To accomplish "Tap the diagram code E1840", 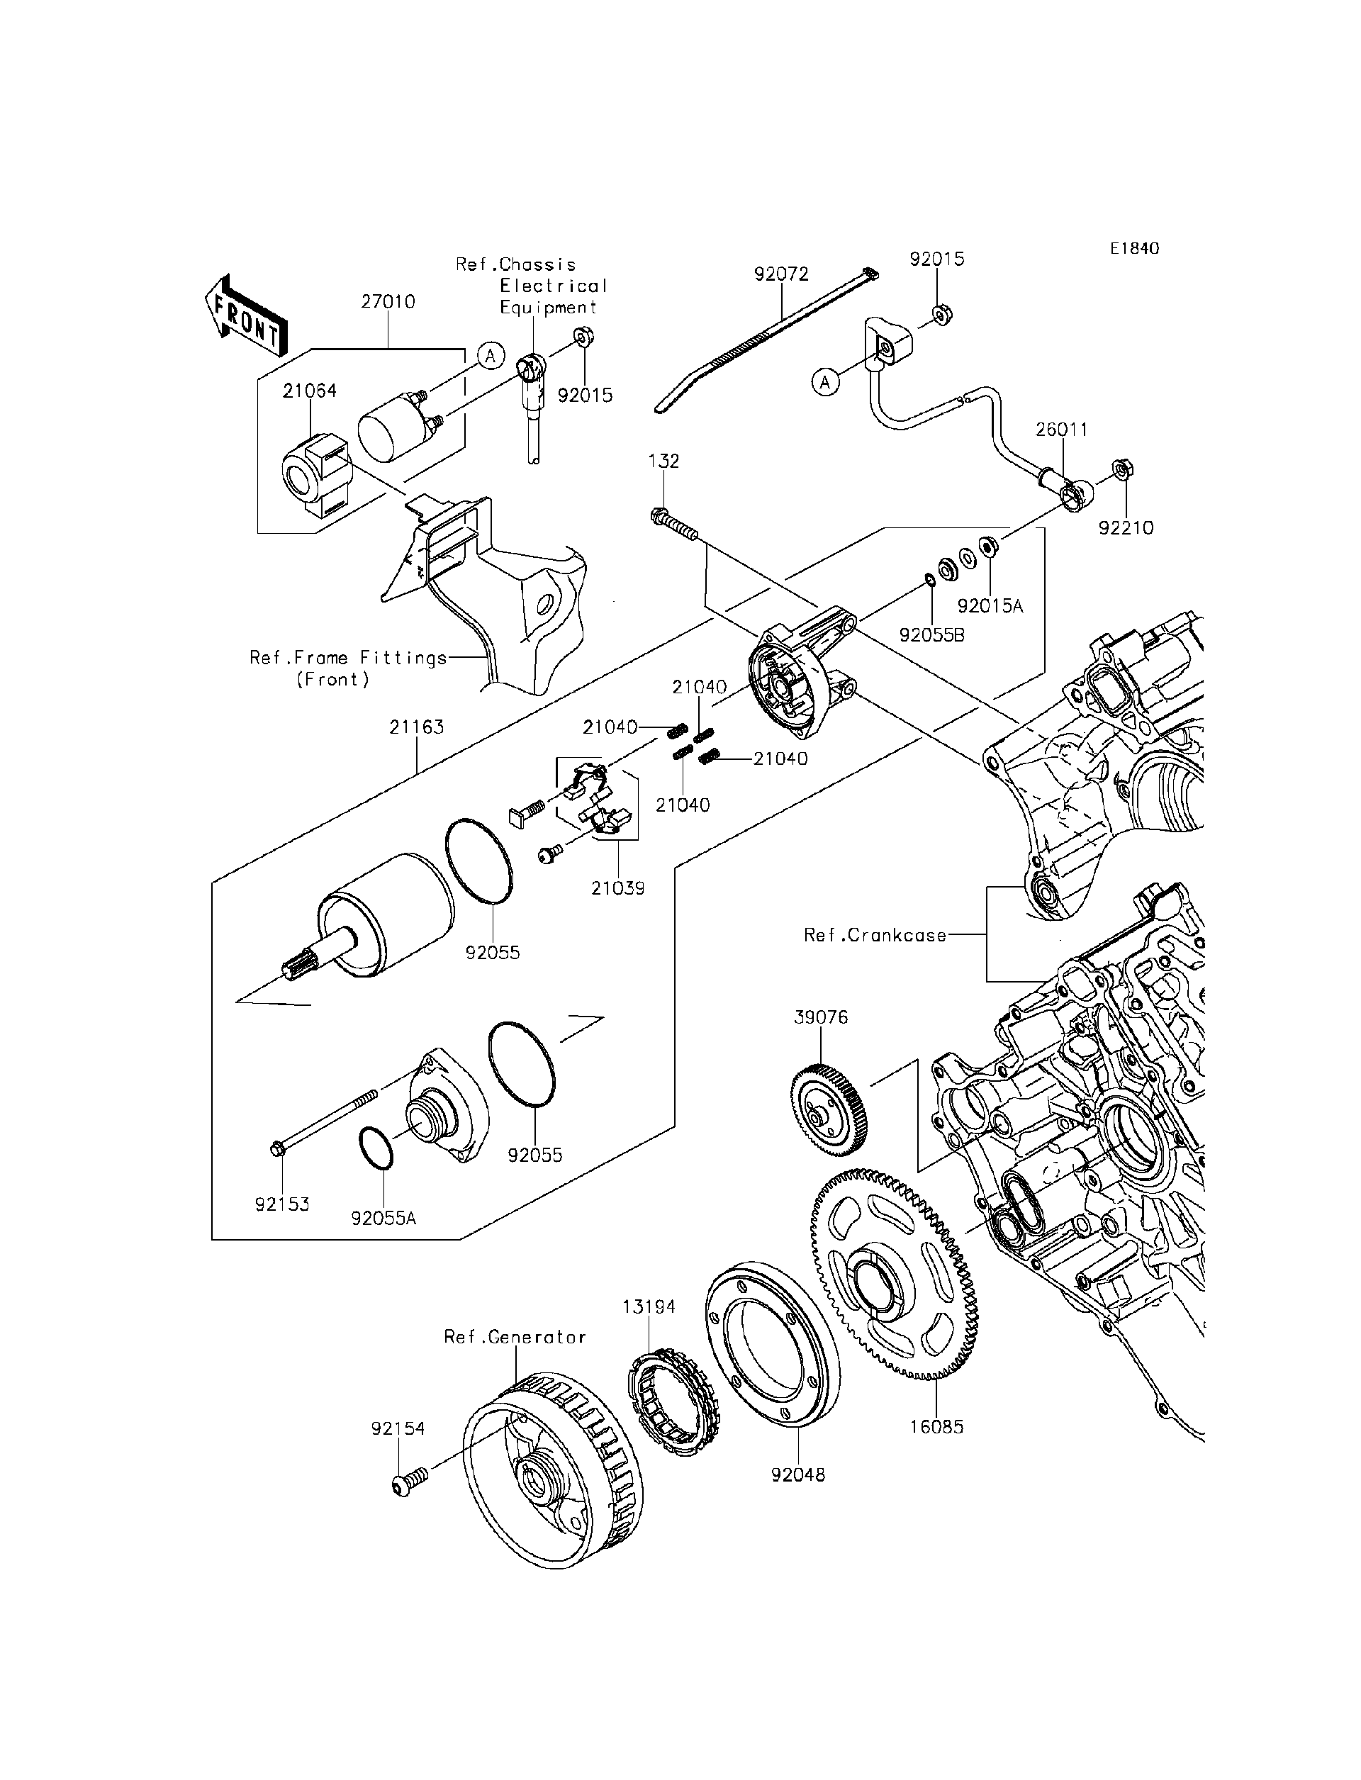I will pos(1134,249).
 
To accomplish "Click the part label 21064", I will pos(310,391).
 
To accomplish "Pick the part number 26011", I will pos(1061,430).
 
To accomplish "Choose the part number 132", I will pos(663,461).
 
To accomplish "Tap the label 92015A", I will pos(990,606).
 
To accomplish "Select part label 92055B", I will pos(931,634).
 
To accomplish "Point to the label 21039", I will pos(618,888).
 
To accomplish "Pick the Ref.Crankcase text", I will pos(875,936).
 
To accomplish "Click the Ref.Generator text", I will pos(515,1337).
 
